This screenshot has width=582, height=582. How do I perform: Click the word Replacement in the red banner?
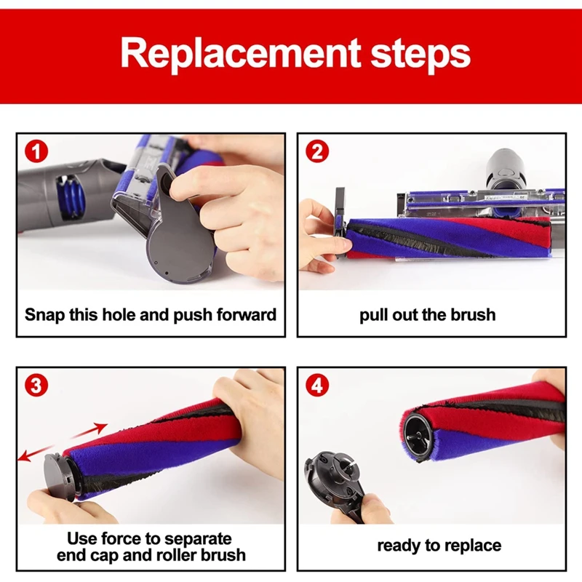coord(241,54)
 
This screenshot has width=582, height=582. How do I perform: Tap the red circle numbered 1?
coord(36,151)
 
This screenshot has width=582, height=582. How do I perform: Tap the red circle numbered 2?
coord(317,151)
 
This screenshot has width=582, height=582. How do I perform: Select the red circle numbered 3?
coord(36,386)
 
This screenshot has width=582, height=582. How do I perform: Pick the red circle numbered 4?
coord(317,386)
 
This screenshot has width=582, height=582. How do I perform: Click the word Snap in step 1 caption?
coord(45,316)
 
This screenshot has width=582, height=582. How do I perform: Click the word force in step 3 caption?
coord(124,538)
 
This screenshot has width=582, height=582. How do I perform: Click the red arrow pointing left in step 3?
coord(36,453)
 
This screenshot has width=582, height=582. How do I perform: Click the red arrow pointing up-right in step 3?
coord(88,431)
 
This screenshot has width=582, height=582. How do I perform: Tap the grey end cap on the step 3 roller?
coord(57,475)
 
